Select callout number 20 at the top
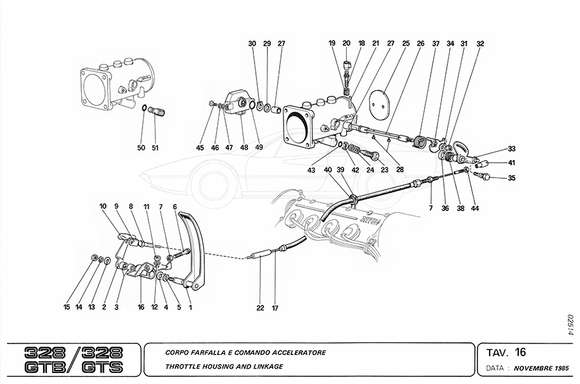click(x=347, y=44)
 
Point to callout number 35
click(x=512, y=178)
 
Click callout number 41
click(x=512, y=162)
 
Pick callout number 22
click(x=260, y=308)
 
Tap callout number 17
click(x=275, y=308)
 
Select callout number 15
click(x=66, y=307)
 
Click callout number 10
click(x=102, y=206)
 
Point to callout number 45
click(x=200, y=148)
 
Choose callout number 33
click(x=512, y=148)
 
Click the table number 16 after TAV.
click(x=521, y=352)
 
